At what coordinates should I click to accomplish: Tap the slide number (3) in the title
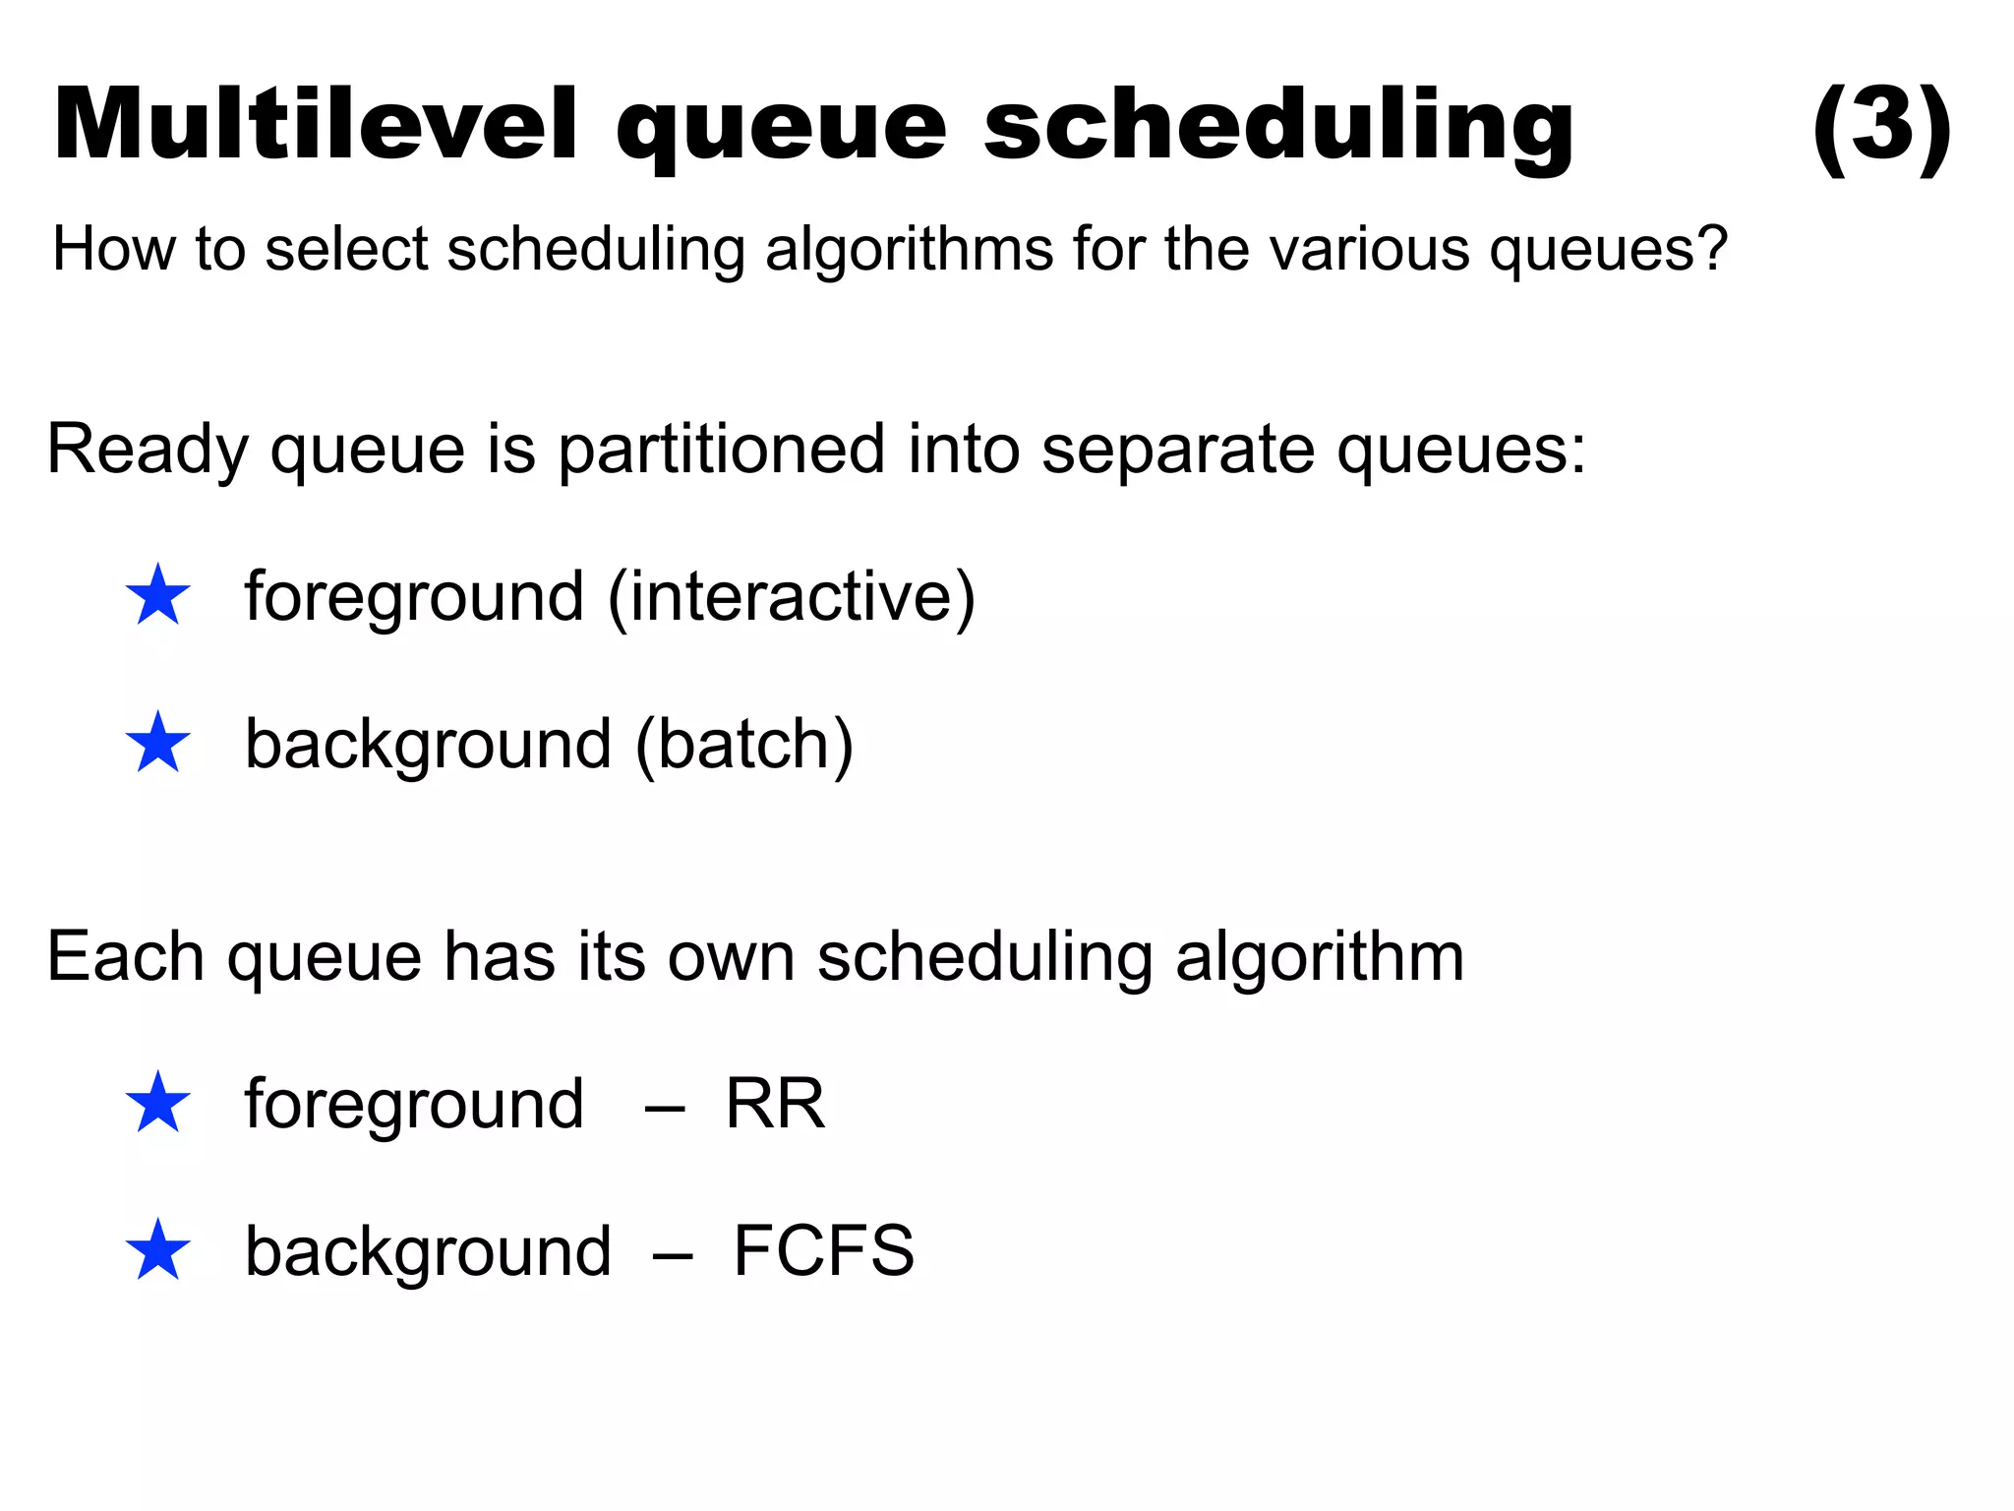click(x=1880, y=126)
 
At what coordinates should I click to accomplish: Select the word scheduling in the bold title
click(x=1278, y=126)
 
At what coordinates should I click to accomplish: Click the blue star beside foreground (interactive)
click(x=157, y=596)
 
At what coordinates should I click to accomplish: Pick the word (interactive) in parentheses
click(x=792, y=597)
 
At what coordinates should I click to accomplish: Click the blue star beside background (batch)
click(x=157, y=743)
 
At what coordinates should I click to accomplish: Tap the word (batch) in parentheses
click(x=744, y=745)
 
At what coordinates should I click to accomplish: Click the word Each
click(x=125, y=956)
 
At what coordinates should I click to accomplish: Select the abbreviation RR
click(x=775, y=1104)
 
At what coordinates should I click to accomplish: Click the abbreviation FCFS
click(x=823, y=1251)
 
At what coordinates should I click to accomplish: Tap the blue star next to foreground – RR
click(x=157, y=1103)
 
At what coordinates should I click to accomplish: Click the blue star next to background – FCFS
click(x=157, y=1250)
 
